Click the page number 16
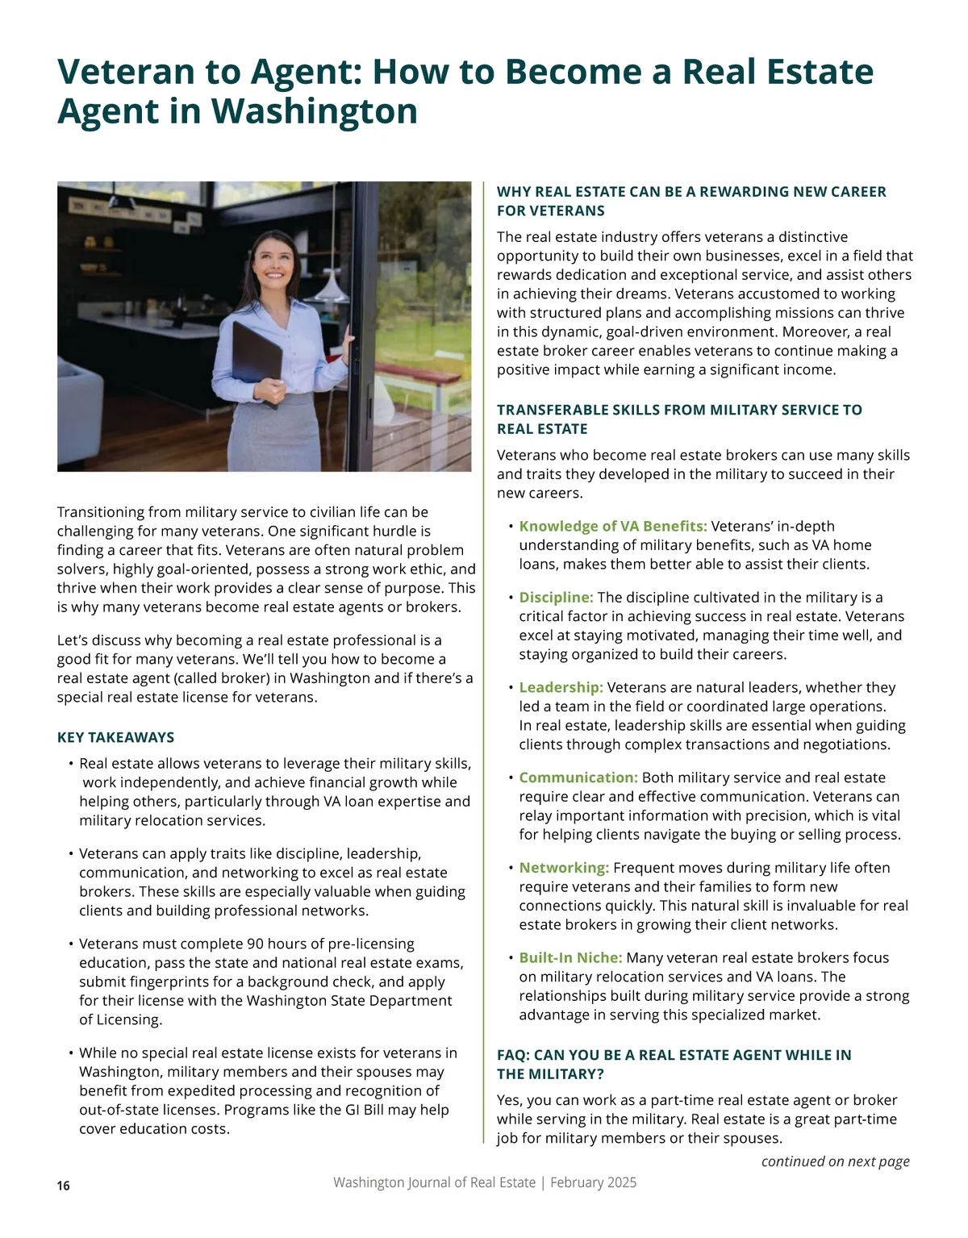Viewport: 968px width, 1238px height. coord(64,1186)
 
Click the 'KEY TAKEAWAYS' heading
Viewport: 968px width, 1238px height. coord(115,737)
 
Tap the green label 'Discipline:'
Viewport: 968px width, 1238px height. coord(556,598)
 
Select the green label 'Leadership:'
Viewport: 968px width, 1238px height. coord(561,687)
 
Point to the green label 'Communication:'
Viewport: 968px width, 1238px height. coord(578,777)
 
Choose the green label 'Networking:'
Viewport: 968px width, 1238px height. coord(563,868)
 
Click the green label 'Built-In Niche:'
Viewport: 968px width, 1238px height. coord(570,957)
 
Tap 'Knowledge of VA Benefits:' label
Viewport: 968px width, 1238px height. coord(612,527)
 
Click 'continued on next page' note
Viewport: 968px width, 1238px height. coord(835,1161)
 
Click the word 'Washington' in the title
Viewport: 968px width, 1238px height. coord(315,110)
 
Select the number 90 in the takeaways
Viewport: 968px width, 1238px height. coord(256,944)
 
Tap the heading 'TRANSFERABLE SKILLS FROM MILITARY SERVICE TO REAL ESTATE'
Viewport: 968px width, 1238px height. coord(679,419)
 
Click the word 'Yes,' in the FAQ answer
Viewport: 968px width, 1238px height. coord(511,1100)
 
